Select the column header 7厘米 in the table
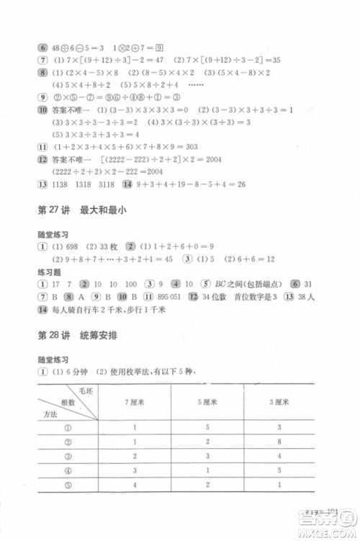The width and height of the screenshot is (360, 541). [135, 401]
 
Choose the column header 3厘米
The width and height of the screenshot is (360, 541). [278, 401]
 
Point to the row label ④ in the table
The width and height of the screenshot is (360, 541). [68, 489]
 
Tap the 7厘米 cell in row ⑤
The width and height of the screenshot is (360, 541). [135, 505]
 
